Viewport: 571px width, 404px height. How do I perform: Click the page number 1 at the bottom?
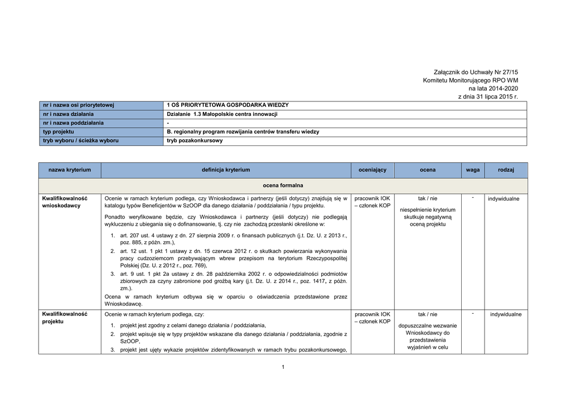point(283,367)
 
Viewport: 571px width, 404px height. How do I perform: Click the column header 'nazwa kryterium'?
point(70,169)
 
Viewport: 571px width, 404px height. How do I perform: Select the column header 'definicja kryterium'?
point(226,169)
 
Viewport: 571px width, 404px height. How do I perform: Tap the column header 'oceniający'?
point(372,169)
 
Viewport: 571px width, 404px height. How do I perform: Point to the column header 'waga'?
point(472,169)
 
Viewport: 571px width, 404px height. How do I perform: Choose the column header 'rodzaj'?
point(506,169)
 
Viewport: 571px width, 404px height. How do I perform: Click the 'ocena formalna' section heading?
point(283,185)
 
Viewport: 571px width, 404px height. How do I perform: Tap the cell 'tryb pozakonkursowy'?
point(195,141)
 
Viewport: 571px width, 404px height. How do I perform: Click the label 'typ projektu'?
point(59,132)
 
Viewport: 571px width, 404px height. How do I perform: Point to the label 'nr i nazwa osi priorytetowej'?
point(79,105)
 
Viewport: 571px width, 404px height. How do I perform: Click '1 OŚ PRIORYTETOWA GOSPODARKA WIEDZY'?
point(228,105)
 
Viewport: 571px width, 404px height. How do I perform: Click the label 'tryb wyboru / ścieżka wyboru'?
point(81,141)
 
